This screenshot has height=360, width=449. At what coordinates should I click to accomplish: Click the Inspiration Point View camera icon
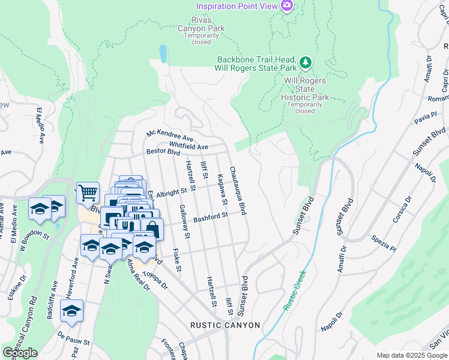coord(287,6)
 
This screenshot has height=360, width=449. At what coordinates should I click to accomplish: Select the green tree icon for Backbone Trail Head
coord(306,62)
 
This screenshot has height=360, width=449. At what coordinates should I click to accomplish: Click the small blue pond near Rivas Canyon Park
coord(163,54)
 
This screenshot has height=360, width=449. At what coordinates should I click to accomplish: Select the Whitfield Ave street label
coord(188,146)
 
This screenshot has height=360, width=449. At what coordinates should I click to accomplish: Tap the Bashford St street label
coord(211,216)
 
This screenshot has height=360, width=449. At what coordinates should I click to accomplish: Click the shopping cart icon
coord(88,193)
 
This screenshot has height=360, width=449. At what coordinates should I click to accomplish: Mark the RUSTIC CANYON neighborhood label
coord(225,325)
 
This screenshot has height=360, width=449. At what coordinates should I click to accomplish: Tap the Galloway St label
coord(184,221)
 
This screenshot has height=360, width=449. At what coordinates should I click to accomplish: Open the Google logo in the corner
coord(20,353)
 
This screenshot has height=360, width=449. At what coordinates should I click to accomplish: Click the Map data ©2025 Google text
coord(411,355)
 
